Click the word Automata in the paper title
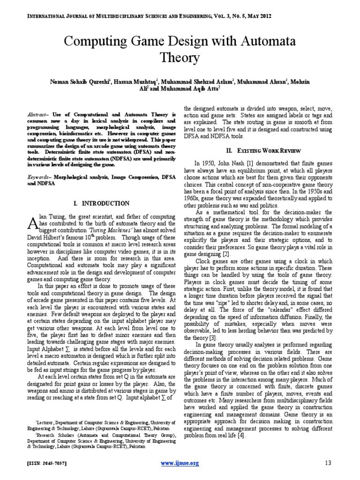(x=267, y=41)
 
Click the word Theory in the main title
(x=180, y=58)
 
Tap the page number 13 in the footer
(x=328, y=463)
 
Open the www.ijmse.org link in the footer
(x=180, y=463)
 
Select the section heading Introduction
(x=102, y=203)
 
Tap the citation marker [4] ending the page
(x=240, y=435)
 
